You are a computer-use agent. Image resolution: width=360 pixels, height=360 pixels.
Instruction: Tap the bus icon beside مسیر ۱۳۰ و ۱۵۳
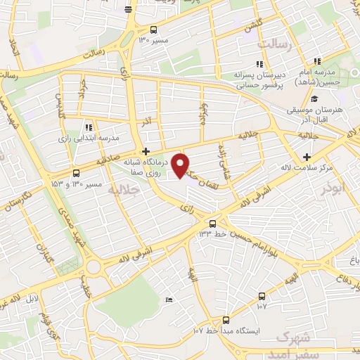77,173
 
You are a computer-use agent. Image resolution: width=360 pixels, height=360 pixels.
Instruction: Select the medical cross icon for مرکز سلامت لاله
306,157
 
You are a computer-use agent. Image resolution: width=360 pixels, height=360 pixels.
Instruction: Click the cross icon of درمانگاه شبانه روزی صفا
146,151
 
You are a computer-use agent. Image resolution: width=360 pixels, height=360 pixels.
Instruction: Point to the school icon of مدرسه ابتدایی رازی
88,128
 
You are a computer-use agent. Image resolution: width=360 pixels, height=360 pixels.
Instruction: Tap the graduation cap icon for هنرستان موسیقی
314,100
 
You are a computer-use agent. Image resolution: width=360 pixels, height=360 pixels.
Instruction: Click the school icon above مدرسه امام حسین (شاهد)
318,63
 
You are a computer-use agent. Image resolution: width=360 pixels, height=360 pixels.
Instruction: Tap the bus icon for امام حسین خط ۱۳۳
210,223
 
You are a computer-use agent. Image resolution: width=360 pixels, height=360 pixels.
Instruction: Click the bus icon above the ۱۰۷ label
262,296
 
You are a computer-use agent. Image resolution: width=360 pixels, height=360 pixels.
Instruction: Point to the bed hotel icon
169,300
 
